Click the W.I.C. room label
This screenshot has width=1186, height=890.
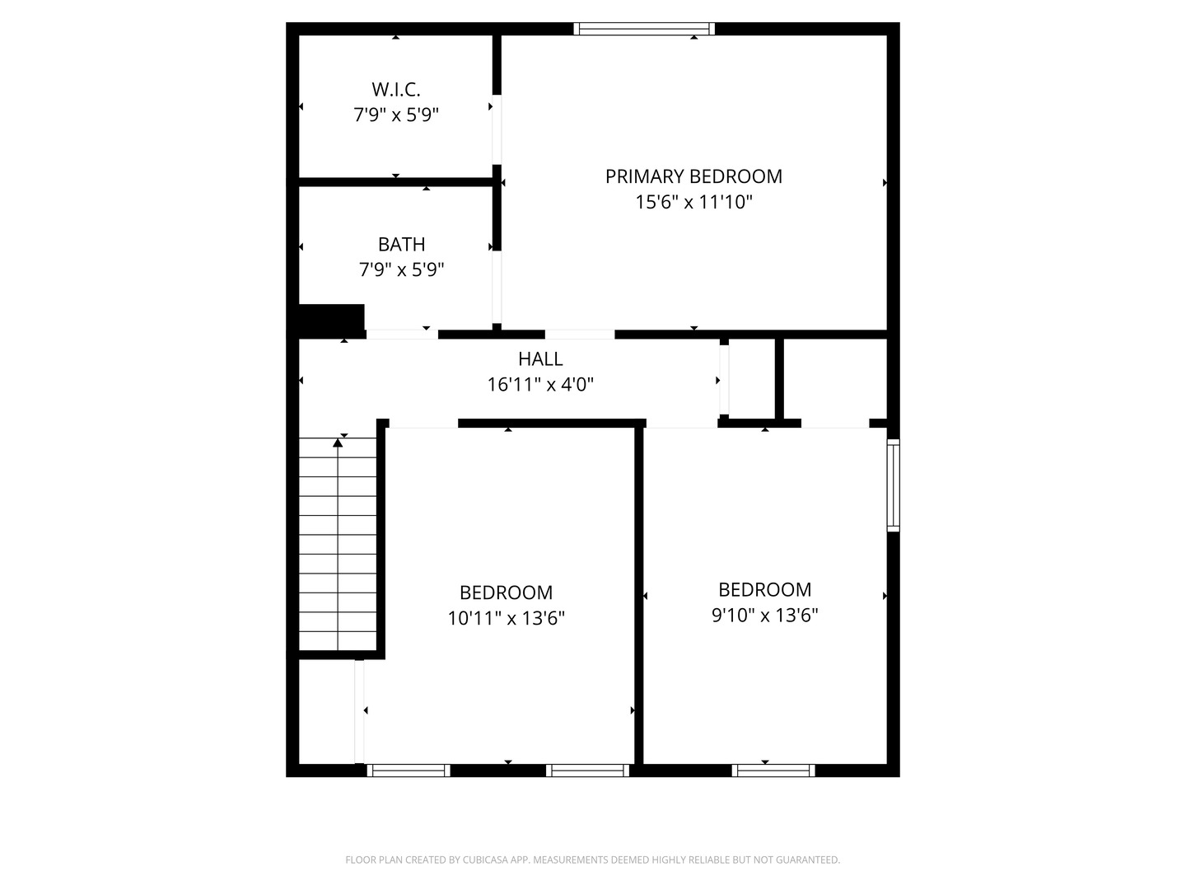point(395,89)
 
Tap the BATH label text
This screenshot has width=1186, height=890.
point(401,244)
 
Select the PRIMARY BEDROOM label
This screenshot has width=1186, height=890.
point(693,176)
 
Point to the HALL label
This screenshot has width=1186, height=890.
point(540,358)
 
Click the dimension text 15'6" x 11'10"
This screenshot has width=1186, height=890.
point(693,202)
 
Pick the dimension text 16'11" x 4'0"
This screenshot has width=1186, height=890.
point(540,384)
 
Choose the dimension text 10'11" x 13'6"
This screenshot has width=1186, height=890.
point(506,618)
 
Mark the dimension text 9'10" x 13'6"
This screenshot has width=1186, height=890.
point(764,615)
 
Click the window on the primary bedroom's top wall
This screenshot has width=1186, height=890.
point(644,29)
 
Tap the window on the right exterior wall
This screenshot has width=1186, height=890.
point(893,485)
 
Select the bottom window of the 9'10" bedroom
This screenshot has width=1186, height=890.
point(773,771)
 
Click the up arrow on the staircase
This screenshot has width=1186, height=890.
point(338,443)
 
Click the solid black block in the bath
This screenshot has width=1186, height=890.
point(331,319)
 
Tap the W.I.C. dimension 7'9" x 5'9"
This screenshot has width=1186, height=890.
point(395,115)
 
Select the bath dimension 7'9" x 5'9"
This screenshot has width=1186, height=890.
point(401,269)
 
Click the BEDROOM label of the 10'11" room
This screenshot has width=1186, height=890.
point(506,593)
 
